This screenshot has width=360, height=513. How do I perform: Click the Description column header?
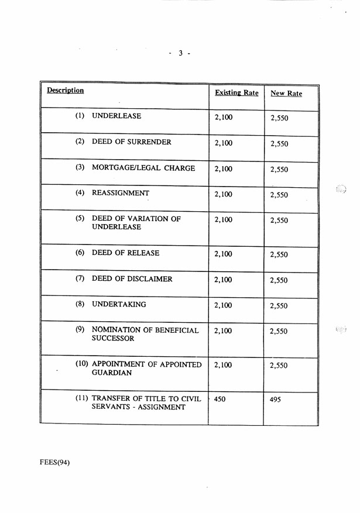click(66, 91)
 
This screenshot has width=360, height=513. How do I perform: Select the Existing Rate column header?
click(236, 93)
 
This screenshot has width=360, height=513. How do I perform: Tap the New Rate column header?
click(286, 94)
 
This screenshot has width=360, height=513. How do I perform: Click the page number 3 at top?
click(180, 53)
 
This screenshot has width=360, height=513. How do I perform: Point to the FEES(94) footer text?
click(54, 462)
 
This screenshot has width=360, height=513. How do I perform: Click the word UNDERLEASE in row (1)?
click(116, 116)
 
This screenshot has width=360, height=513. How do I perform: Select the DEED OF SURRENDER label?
click(132, 142)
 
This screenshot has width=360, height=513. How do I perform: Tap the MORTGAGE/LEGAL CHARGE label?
click(143, 168)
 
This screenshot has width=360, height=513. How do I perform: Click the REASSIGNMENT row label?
click(121, 193)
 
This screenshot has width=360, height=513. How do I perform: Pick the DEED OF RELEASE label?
click(125, 253)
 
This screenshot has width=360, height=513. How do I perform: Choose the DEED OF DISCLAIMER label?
click(132, 279)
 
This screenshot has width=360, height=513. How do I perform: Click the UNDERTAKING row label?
click(119, 305)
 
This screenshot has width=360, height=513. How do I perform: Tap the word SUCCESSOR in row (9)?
click(113, 339)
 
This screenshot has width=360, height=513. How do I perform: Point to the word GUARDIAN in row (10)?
click(112, 373)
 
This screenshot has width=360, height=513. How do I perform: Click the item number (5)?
click(80, 219)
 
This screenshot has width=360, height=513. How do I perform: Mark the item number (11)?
click(82, 398)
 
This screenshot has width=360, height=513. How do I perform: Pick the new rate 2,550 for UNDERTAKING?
click(279, 306)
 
